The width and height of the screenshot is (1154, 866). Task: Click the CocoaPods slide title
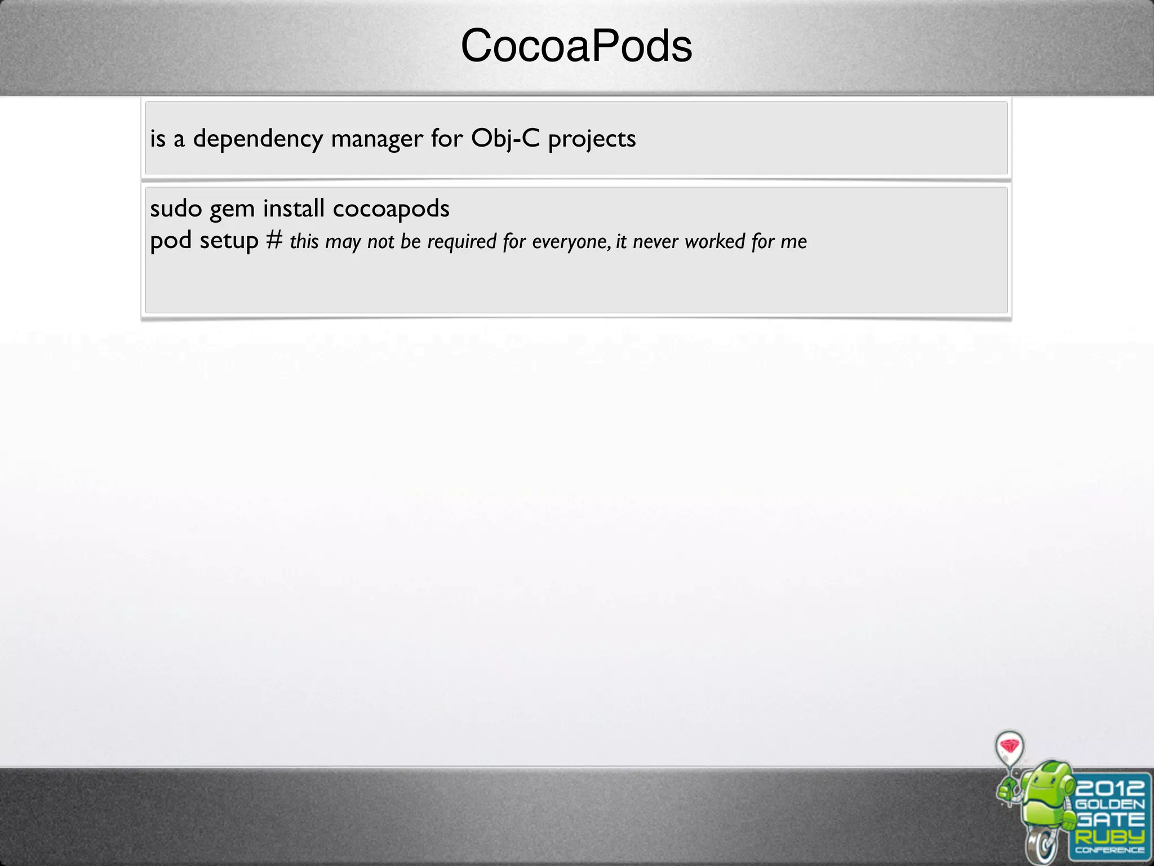click(576, 46)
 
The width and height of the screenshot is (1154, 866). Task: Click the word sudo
click(176, 209)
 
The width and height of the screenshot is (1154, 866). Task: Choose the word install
click(294, 208)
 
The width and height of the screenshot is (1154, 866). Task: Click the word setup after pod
click(229, 241)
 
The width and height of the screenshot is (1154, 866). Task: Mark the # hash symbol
click(274, 240)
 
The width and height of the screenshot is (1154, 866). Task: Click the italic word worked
click(715, 241)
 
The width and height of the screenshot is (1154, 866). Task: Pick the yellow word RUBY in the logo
click(1109, 836)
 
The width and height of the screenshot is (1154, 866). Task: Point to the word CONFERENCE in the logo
click(1109, 851)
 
